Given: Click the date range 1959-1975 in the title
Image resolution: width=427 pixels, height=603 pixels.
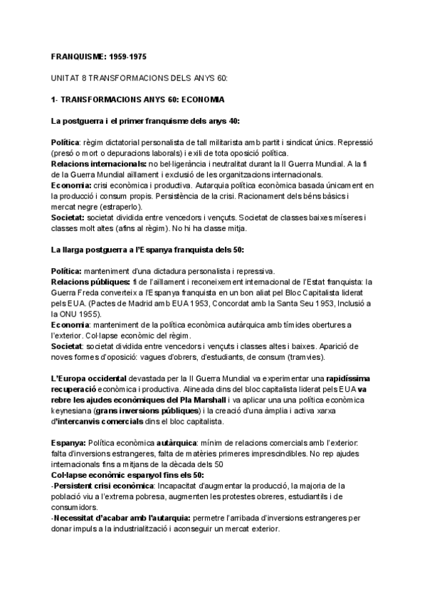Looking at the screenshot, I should pos(129,55).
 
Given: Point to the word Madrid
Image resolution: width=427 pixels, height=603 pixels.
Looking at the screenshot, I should pos(135,304).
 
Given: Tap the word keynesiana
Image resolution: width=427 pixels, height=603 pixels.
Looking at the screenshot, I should pos(73,411).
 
